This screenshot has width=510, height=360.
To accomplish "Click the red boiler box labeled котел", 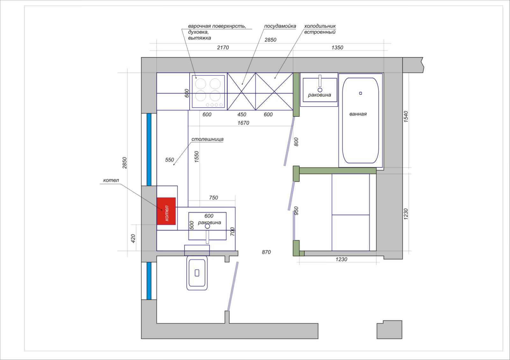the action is coord(166,211).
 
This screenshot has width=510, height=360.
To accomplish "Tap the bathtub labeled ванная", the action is coord(361,120).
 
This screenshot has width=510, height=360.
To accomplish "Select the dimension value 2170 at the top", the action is coord(223,47).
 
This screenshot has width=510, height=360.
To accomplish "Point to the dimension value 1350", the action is coord(337,47).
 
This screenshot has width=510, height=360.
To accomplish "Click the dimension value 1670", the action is coord(243,123).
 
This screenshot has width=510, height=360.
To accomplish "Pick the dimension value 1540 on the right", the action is coord(406,117).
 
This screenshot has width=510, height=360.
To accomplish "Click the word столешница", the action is coord(208,139).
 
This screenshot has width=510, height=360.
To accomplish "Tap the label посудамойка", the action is coord(280,26).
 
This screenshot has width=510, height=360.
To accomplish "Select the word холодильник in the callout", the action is coord(320,26).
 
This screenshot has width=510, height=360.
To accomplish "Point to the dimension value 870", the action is coord(266,252).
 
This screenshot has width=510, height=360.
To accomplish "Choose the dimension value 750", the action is coord(213,198).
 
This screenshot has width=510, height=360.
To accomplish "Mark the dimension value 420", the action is coord(133,239).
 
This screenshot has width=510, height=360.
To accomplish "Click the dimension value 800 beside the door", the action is coord(296,142).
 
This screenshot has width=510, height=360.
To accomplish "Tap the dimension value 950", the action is coord(296,211).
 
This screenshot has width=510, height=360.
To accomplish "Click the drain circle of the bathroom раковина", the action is coord(320,90).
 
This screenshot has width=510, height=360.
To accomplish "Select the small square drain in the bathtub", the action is coord(361,93).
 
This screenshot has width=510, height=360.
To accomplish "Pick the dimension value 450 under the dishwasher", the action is coord(242,114).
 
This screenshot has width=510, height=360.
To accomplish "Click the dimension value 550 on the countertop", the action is coord(169,160).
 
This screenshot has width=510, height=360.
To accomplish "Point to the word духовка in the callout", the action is coord(198,32).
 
